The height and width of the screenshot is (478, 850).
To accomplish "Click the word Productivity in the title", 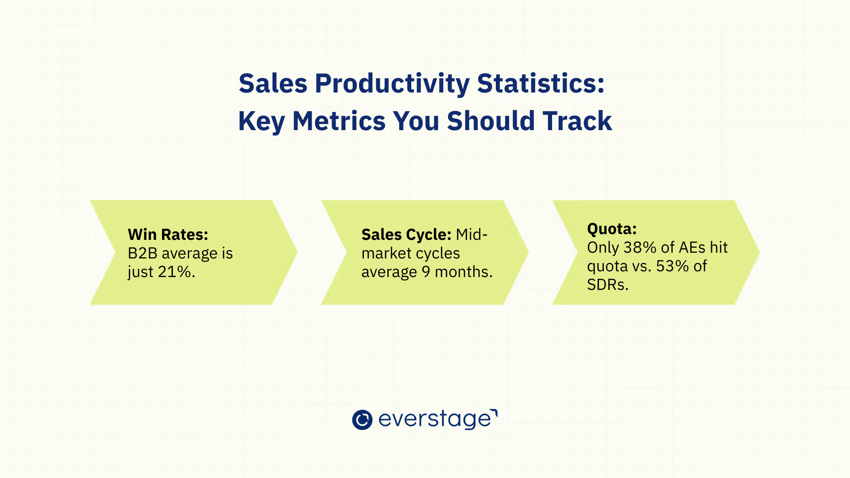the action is (392, 84).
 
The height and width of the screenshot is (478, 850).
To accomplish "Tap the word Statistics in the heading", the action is (541, 83).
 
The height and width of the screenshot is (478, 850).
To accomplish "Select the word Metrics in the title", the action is (339, 121).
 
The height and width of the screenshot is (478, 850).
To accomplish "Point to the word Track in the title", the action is (577, 121).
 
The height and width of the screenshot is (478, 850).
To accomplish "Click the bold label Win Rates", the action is (168, 234).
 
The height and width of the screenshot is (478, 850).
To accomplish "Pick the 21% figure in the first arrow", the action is (176, 272).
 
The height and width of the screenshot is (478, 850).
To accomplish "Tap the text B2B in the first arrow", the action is (143, 253).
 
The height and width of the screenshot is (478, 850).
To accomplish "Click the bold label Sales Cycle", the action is (406, 235).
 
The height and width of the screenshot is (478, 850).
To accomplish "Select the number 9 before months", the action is (426, 272).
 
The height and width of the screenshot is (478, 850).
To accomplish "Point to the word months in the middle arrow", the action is (464, 272).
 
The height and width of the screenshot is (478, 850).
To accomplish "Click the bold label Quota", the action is (612, 229).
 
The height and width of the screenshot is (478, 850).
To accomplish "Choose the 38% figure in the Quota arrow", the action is (640, 247).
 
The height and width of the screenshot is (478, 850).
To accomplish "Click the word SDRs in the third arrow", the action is (608, 285).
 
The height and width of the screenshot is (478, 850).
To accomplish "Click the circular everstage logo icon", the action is (362, 420).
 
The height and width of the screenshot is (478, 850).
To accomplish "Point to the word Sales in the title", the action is (273, 83).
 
